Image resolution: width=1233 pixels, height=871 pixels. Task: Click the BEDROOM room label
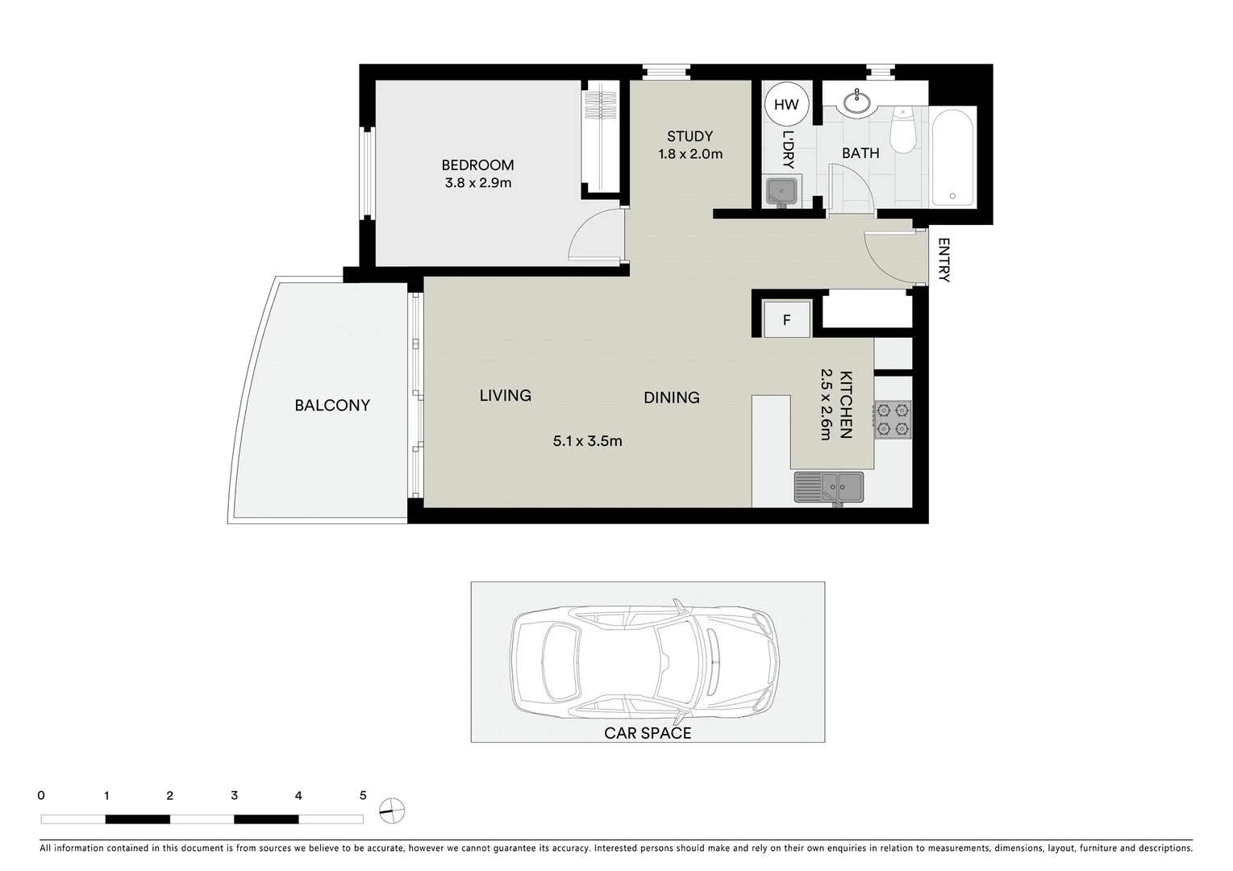pyautogui.click(x=477, y=165)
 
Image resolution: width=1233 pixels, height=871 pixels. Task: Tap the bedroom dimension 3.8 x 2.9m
pyautogui.click(x=478, y=183)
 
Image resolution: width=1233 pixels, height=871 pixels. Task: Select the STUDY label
pyautogui.click(x=689, y=136)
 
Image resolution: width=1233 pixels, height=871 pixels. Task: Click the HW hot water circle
pyautogui.click(x=786, y=104)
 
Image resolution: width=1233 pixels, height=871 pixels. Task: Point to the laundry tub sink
pyautogui.click(x=781, y=192)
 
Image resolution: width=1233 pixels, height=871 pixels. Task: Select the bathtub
pyautogui.click(x=952, y=158)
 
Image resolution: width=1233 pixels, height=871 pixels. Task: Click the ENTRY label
pyautogui.click(x=944, y=260)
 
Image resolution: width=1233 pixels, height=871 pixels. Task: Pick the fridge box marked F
pyautogui.click(x=787, y=320)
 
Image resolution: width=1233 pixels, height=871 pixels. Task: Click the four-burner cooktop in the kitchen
pyautogui.click(x=893, y=419)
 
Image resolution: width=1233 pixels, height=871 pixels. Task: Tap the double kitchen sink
pyautogui.click(x=829, y=487)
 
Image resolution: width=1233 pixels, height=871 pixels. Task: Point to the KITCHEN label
pyautogui.click(x=846, y=404)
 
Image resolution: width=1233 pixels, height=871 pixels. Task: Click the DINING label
pyautogui.click(x=671, y=398)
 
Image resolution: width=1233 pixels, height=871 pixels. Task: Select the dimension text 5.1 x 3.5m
pyautogui.click(x=587, y=441)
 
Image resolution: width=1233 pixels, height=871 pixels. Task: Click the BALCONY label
pyautogui.click(x=332, y=406)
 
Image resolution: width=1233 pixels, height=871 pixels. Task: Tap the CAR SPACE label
pyautogui.click(x=648, y=733)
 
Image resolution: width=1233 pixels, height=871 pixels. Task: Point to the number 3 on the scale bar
pyautogui.click(x=234, y=795)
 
